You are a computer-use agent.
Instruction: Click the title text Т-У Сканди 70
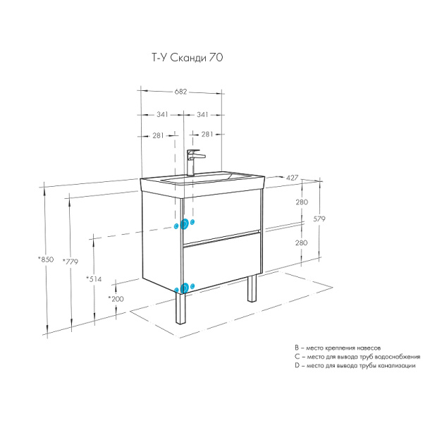point(188,58)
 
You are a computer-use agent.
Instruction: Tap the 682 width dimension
point(180,92)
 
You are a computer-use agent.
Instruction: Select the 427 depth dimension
point(292,178)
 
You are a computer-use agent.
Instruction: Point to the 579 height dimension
point(319,219)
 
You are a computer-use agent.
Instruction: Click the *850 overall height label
point(46,259)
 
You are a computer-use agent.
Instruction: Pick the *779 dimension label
point(70,262)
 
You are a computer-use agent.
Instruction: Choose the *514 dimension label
point(94,279)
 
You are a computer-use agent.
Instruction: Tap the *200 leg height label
point(116,299)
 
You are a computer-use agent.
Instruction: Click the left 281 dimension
point(158,135)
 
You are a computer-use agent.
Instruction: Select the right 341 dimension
point(202,115)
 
